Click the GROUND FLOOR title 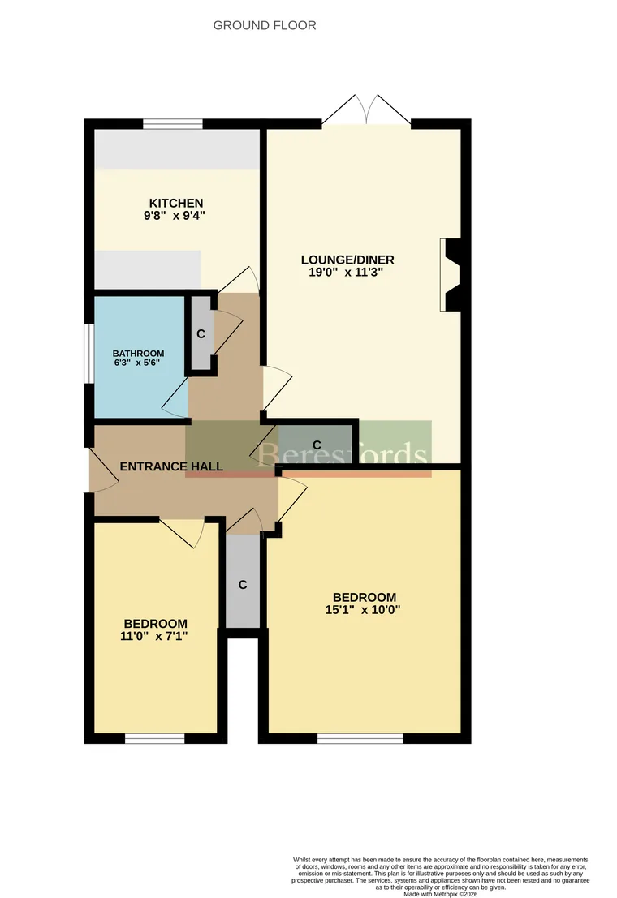(265, 25)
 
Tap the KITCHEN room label (175, 203)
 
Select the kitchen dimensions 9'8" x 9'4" (175, 216)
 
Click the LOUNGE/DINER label (347, 260)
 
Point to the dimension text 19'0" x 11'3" (347, 273)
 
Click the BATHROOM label (138, 354)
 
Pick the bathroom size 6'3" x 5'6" (138, 364)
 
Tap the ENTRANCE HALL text (171, 466)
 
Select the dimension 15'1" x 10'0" (358, 610)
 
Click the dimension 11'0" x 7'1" (153, 636)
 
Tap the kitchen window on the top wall (173, 124)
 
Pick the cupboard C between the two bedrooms (242, 584)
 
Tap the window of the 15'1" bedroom (360, 738)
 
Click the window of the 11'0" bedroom (154, 738)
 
